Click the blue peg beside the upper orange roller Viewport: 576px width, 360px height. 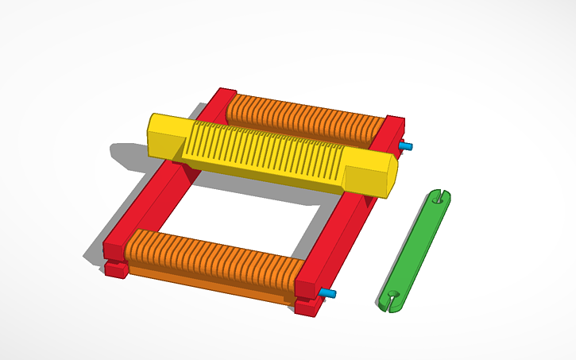point(406,147)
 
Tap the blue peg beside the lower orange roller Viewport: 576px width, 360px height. point(327,294)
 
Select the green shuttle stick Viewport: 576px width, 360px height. point(415,246)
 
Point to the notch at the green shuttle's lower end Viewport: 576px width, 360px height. point(389,300)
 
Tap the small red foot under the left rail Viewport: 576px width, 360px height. point(116,270)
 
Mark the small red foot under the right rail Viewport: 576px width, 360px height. point(306,307)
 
